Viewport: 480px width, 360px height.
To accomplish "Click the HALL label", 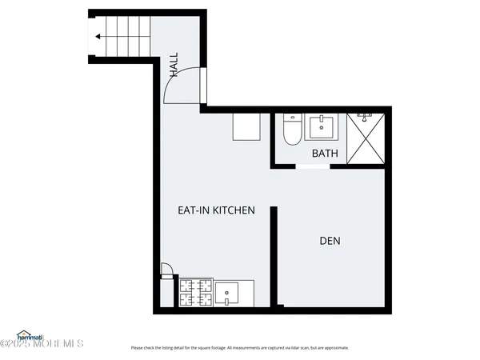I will click(174, 65).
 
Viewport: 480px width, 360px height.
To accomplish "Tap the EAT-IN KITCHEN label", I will click(216, 210).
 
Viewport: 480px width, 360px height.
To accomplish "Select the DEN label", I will click(330, 240).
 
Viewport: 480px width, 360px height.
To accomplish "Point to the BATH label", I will click(324, 153).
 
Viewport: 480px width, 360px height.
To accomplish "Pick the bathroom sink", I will click(323, 127).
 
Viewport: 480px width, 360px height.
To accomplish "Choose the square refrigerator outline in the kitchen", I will click(247, 126).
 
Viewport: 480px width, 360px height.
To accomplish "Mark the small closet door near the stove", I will click(166, 270).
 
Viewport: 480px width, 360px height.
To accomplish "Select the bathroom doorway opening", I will click(313, 166).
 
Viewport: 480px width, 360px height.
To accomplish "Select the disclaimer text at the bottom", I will click(240, 348).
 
